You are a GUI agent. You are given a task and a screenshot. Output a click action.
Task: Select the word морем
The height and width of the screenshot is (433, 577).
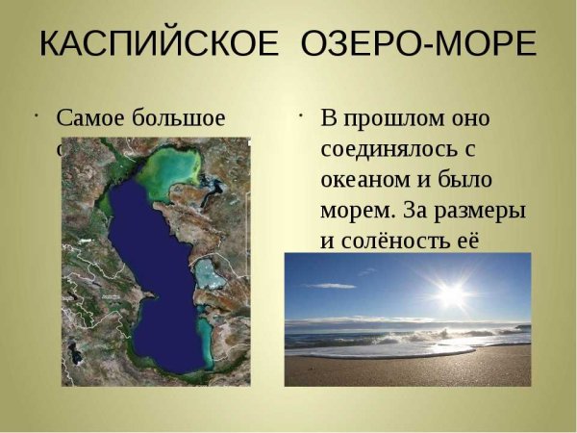[x=356, y=211]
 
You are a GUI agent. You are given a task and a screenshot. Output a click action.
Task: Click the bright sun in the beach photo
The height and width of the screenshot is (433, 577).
[x=451, y=293]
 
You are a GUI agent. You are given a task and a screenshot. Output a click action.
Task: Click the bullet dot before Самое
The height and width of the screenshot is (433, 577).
[x=35, y=116]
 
